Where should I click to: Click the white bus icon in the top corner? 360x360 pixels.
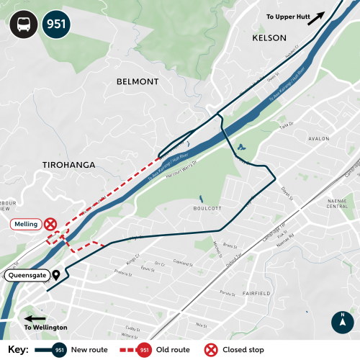[x=22, y=24]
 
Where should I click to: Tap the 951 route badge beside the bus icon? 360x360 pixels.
[x=56, y=24]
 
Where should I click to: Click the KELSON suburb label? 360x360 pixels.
[x=269, y=37]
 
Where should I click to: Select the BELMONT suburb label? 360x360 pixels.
[x=137, y=82]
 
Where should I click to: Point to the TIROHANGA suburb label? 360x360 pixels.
[x=68, y=165]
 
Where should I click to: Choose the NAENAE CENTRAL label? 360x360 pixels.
[x=336, y=202]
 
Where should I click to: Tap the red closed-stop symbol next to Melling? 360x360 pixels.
[x=50, y=225]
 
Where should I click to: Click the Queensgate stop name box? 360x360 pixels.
[x=28, y=275]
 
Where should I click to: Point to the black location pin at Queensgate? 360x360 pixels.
[x=56, y=274]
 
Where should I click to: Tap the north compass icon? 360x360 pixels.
[x=343, y=321]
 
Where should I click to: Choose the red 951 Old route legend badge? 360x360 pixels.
[x=145, y=350]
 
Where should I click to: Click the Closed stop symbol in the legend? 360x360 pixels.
[x=212, y=350]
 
